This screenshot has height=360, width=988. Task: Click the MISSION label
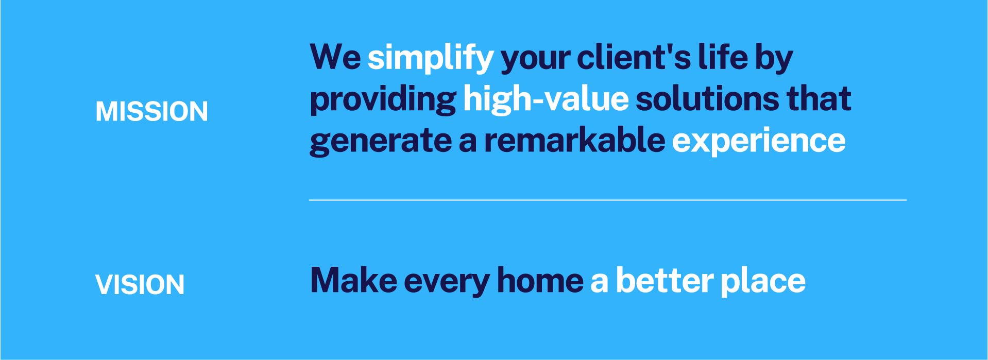151,111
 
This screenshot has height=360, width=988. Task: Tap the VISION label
140,284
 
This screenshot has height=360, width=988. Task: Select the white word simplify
431,58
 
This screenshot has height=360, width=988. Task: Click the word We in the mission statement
335,57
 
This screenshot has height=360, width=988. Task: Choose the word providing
383,99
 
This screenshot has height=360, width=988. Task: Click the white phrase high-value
546,99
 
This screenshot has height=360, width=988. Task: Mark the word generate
381,141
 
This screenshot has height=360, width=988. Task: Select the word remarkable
574,140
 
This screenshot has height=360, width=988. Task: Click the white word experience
759,141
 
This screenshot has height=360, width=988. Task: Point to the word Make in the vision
353,281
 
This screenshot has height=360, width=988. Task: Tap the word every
447,283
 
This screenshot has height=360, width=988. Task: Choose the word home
540,281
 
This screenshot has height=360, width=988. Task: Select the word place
763,282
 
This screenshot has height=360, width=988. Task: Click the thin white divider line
608,200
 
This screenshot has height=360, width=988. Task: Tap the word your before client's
536,59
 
